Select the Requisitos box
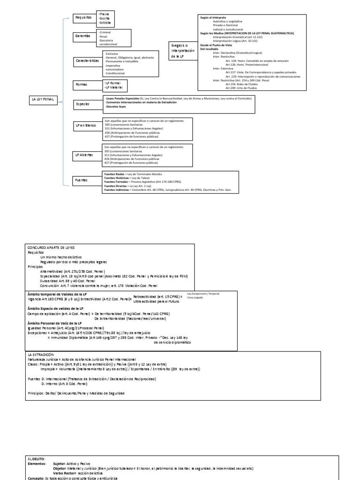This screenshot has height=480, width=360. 84,17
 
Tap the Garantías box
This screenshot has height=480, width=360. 82,36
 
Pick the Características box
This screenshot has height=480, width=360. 87,61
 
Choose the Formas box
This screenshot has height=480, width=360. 82,85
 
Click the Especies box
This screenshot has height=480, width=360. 82,104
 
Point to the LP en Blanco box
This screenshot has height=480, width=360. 85,127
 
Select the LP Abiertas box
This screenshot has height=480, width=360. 85,154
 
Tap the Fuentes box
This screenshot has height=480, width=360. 82,180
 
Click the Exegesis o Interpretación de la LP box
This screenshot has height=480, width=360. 181,51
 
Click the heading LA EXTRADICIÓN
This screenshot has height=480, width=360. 41,354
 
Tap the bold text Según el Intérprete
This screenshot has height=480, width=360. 213,17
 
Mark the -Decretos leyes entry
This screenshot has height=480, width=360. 116,106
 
